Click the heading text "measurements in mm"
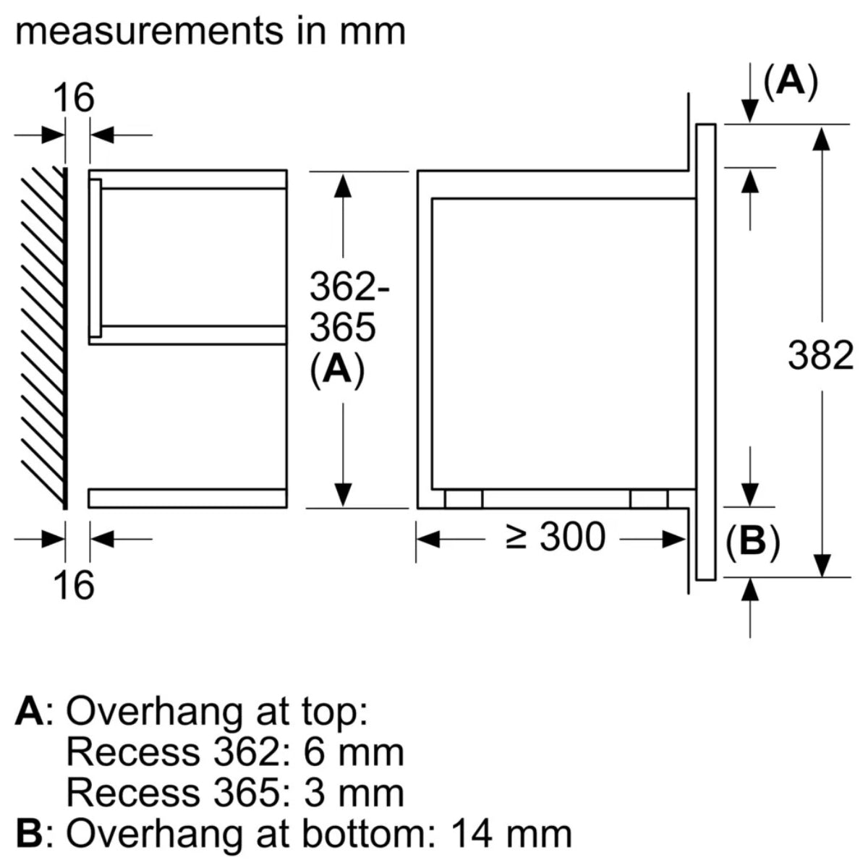click(210, 33)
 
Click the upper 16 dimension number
click(75, 98)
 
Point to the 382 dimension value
click(820, 356)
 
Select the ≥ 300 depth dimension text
click(556, 537)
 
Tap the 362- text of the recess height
click(349, 288)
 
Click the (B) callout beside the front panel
click(753, 542)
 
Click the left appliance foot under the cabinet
click(463, 499)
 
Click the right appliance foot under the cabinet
click(649, 499)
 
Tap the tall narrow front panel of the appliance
click(706, 352)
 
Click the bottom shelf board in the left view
click(188, 498)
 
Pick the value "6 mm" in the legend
click(353, 753)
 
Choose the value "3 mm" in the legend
click(353, 793)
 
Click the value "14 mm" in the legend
click(511, 834)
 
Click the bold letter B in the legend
click(30, 834)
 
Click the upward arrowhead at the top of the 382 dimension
click(820, 138)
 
